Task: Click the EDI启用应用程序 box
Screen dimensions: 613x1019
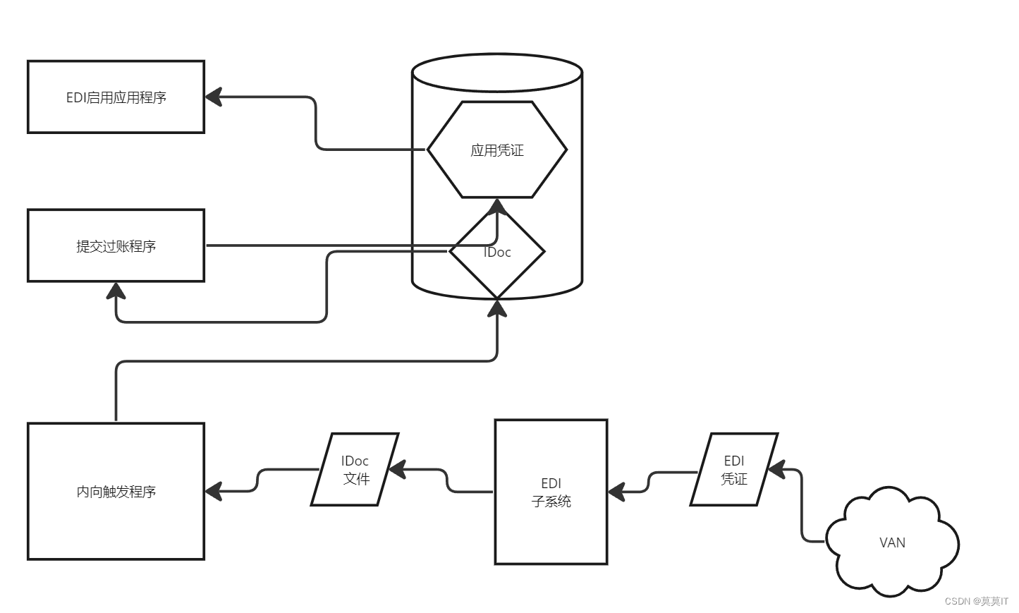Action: click(116, 97)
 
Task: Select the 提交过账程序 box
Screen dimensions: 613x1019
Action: click(116, 245)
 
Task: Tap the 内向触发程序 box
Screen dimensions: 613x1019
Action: click(116, 491)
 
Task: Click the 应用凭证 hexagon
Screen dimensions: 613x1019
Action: click(497, 150)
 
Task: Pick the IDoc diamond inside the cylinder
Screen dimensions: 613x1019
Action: click(497, 252)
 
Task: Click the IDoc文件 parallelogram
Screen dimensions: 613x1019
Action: click(355, 469)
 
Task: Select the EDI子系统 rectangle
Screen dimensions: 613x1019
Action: click(551, 492)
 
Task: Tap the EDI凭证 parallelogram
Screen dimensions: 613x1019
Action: click(734, 469)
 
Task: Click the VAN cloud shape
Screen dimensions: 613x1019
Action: click(892, 542)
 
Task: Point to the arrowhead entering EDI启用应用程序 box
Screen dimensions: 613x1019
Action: click(214, 97)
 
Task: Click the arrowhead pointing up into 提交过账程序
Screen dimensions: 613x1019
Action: click(116, 290)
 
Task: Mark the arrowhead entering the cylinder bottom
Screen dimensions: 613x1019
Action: click(497, 307)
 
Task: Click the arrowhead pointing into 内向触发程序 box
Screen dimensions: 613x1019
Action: click(214, 491)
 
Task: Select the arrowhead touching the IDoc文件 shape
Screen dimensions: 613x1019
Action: click(397, 469)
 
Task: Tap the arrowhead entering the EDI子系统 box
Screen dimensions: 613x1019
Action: click(616, 492)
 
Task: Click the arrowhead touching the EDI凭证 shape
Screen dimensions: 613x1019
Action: click(776, 469)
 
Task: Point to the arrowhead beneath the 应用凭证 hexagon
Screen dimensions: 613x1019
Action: click(497, 205)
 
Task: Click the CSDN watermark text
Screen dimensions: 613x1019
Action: click(976, 601)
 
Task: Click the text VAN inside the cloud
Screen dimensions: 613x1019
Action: click(892, 542)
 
